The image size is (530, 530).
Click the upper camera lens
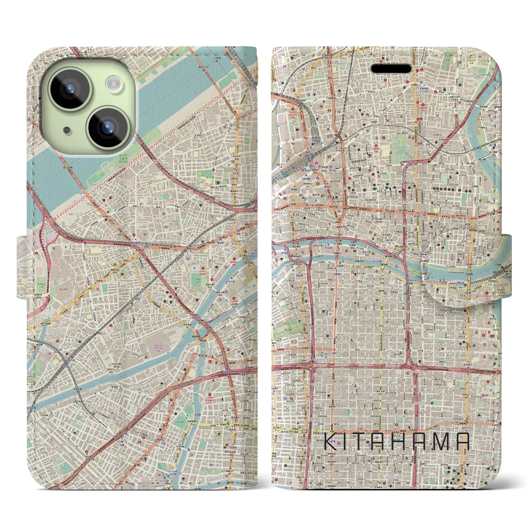click(x=70, y=88)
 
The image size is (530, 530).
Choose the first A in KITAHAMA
click(x=383, y=442)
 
